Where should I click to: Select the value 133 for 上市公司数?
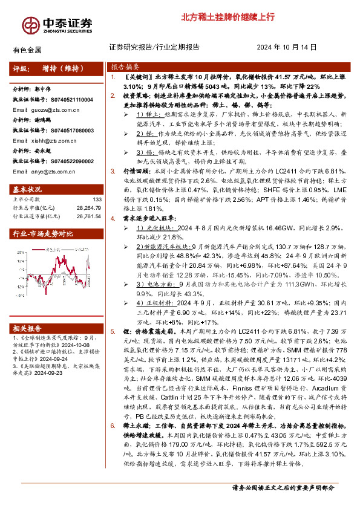coord(97,199)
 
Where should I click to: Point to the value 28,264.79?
coord(88,207)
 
